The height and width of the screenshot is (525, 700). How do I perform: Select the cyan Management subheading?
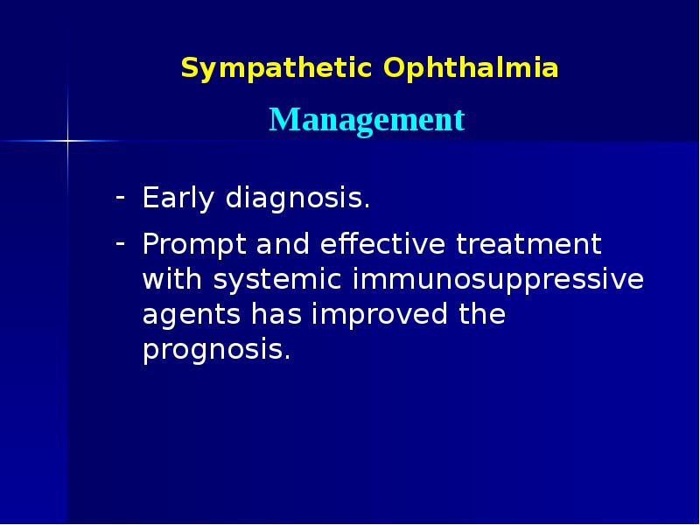367,119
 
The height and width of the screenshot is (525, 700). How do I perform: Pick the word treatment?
528,244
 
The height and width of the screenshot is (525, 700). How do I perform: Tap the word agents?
192,315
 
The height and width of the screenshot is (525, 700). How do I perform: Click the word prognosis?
215,350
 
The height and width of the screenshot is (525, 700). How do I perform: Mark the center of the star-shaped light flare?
67,140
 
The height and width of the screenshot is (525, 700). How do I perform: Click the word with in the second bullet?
171,280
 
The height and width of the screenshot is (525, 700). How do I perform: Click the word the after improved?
481,315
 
